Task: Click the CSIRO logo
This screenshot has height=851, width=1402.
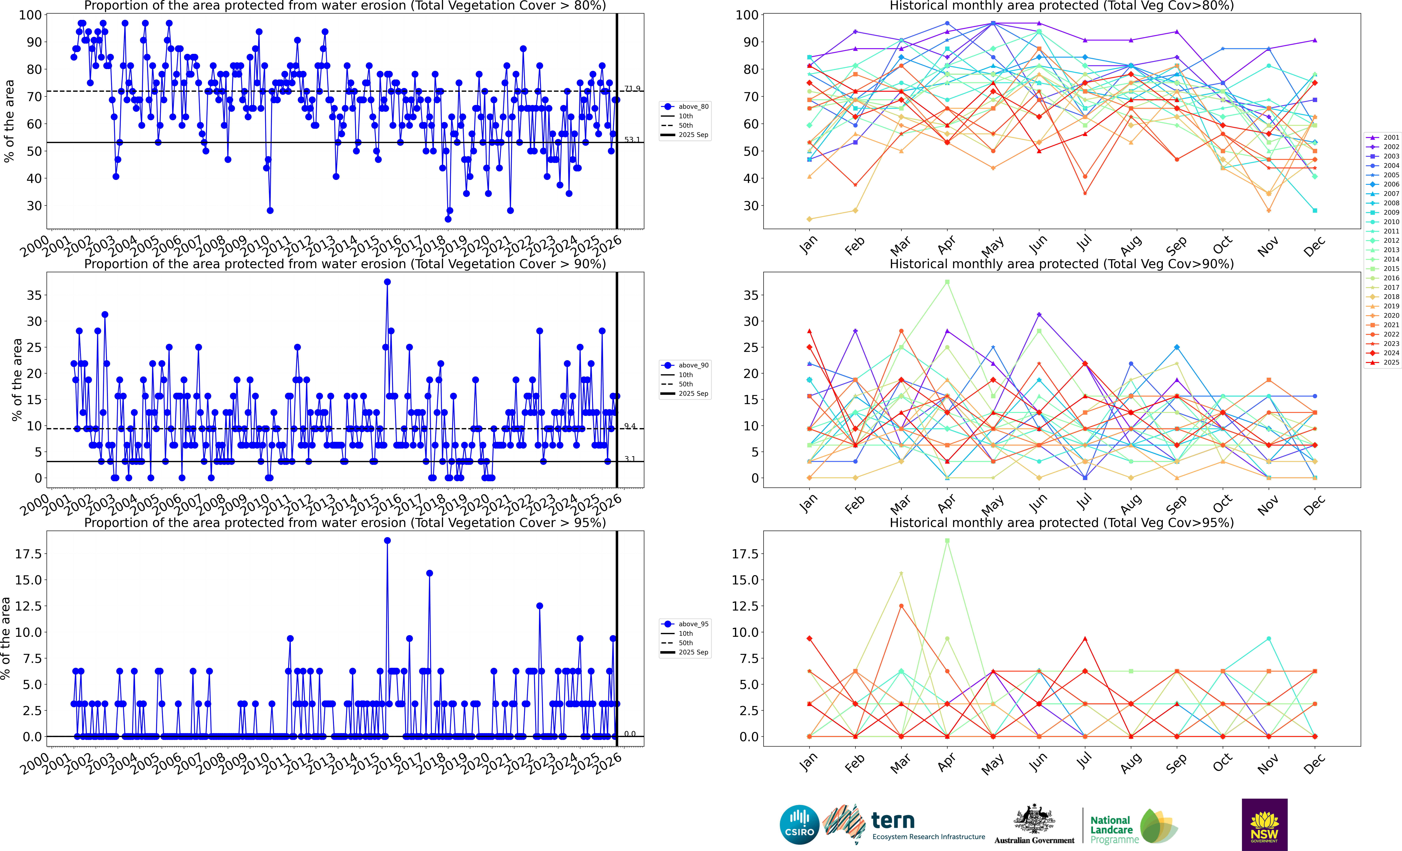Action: tap(799, 824)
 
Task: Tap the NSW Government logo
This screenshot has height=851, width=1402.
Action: tap(1264, 824)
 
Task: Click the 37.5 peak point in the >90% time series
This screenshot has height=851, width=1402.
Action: tap(387, 282)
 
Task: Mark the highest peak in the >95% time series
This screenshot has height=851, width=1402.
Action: tap(387, 541)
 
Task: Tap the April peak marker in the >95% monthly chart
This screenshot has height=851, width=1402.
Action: tap(947, 541)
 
